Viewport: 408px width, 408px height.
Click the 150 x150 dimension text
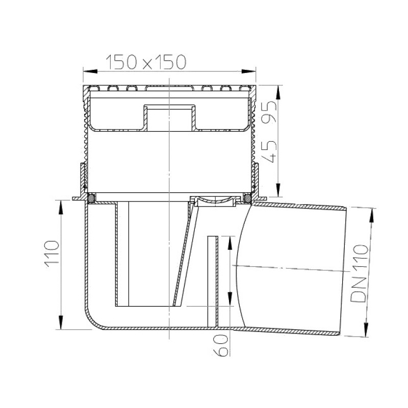pos(146,62)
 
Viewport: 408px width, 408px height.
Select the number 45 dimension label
pos(268,151)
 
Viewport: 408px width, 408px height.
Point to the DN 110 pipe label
pos(360,273)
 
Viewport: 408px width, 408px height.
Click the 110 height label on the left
pos(52,254)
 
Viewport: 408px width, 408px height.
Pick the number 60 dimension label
pos(221,345)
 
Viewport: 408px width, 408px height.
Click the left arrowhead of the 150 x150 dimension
pos(90,71)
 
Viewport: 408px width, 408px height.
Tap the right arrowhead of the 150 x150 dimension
pos(249,71)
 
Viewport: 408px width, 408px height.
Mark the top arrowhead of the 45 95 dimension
pos(278,92)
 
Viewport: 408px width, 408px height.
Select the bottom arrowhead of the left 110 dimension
pos(61,323)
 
